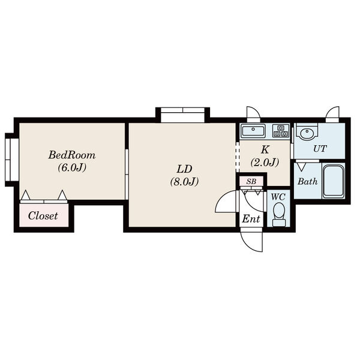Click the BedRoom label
click(72, 155)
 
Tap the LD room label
click(184, 169)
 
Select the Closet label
click(43, 216)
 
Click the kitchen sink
click(253, 131)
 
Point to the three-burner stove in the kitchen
click(281, 131)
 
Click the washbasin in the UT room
click(307, 133)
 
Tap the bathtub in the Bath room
click(334, 181)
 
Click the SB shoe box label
click(251, 182)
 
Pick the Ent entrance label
click(251, 219)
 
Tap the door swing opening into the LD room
click(226, 202)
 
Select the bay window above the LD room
click(182, 115)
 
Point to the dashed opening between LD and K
click(238, 157)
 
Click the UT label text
click(320, 149)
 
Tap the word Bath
click(307, 181)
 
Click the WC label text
click(278, 197)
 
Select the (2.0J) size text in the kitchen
click(265, 163)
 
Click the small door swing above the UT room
click(332, 114)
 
